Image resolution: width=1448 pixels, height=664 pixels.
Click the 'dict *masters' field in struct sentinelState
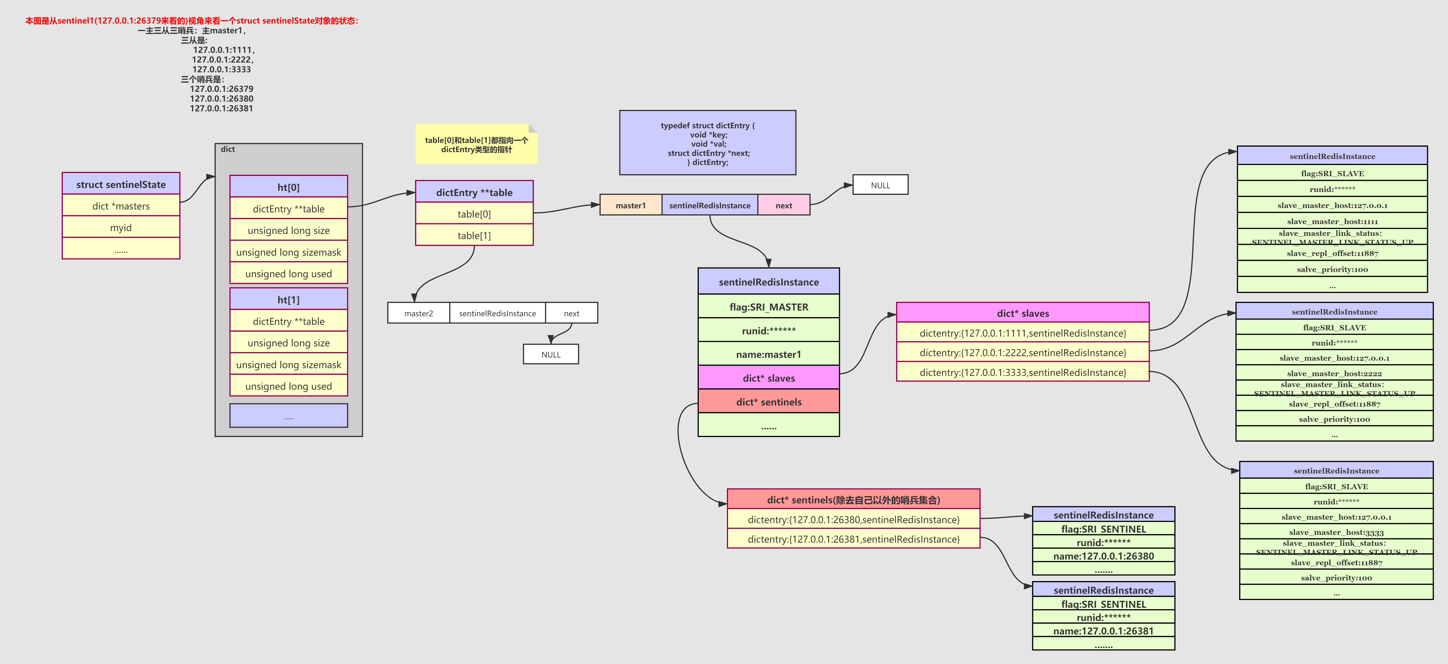[x=121, y=206]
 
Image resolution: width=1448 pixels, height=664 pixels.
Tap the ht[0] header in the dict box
[x=288, y=187]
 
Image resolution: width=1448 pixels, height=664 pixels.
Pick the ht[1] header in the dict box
[x=288, y=300]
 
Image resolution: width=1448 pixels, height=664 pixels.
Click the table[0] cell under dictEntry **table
[x=474, y=214]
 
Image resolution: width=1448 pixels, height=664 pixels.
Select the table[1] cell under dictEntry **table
[x=474, y=236]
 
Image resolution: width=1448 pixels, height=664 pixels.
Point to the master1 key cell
[x=631, y=205]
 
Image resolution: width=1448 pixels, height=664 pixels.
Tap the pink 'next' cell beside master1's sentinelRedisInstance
[x=784, y=205]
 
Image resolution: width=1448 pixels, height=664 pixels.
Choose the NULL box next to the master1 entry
[x=880, y=185]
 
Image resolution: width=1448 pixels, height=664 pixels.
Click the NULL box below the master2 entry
[x=551, y=354]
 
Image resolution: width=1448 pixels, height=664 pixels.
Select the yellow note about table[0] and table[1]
[x=476, y=145]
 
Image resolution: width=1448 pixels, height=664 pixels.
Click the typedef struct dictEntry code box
[x=707, y=143]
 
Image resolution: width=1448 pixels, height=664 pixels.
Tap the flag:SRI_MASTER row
[x=768, y=307]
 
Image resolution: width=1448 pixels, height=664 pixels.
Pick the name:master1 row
[x=768, y=354]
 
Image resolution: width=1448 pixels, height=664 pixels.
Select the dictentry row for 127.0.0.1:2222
[x=1023, y=353]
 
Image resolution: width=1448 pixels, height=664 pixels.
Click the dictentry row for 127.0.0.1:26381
[x=853, y=539]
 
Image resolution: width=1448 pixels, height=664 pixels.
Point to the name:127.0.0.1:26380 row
[x=1103, y=556]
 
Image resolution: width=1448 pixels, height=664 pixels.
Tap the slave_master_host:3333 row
[x=1336, y=532]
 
